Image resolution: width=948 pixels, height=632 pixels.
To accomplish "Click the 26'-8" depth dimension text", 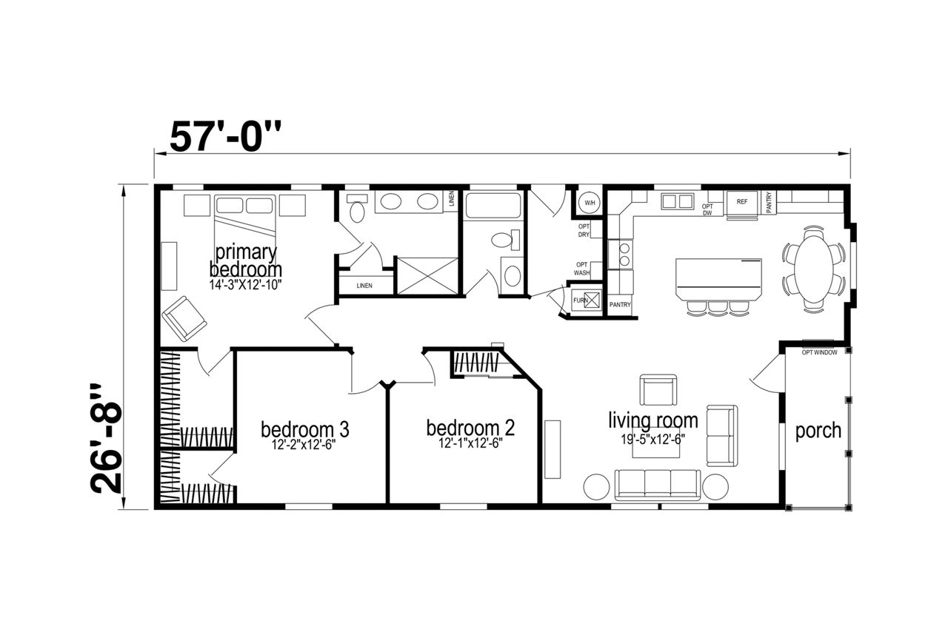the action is click(x=106, y=439).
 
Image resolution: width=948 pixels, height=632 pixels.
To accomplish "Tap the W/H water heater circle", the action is click(x=590, y=203).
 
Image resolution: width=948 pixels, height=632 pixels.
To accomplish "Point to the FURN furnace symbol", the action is click(x=586, y=300).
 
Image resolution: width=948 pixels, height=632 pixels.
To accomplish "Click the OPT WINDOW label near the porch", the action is click(x=819, y=352).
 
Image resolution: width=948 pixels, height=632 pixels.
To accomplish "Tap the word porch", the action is click(x=818, y=431).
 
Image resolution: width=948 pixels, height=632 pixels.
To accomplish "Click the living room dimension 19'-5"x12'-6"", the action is click(x=653, y=440).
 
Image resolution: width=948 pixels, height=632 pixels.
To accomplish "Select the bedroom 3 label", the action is click(x=304, y=429).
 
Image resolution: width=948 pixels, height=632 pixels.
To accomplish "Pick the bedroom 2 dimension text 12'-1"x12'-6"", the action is click(x=470, y=443).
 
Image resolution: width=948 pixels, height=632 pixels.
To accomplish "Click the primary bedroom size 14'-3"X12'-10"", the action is click(x=245, y=285).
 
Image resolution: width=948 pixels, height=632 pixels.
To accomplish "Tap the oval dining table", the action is click(x=813, y=269).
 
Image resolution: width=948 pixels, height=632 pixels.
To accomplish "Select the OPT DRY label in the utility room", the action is click(x=584, y=231).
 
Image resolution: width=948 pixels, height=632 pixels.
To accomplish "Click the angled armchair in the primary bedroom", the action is click(x=184, y=318).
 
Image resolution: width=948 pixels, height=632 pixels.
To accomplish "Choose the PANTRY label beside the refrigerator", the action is click(x=769, y=202).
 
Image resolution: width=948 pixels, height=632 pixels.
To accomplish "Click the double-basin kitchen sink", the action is click(x=677, y=201).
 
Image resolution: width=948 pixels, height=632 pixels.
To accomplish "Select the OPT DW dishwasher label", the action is click(x=707, y=210).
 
